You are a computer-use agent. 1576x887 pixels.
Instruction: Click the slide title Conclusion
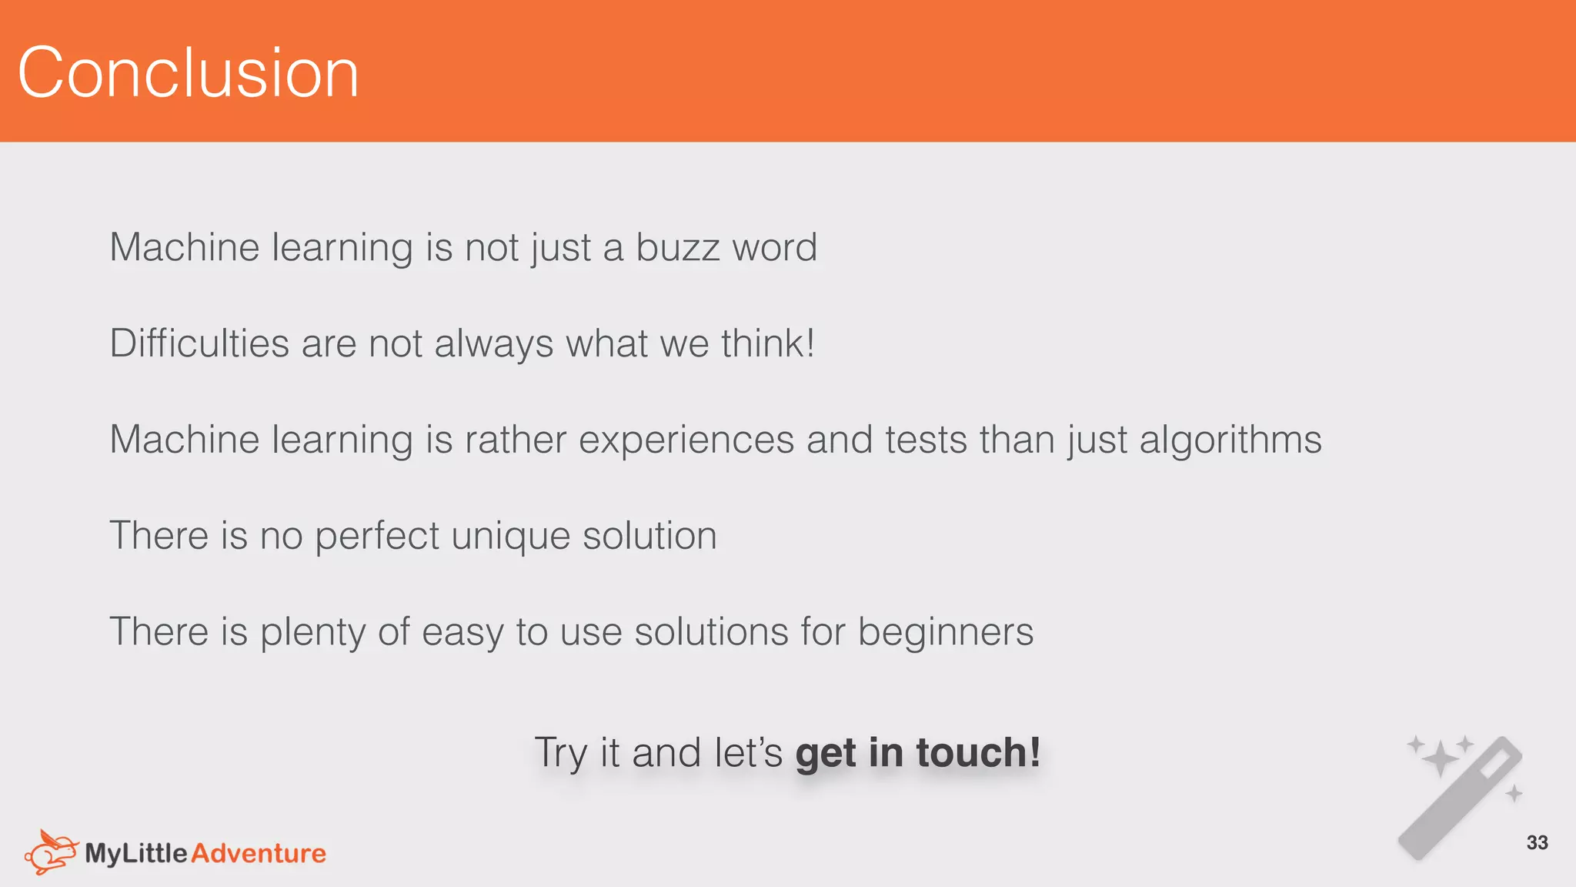click(188, 72)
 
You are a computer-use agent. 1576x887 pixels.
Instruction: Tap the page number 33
click(1537, 842)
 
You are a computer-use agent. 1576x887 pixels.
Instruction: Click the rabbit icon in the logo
click(51, 852)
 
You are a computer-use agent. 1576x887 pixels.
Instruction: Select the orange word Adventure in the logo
click(259, 853)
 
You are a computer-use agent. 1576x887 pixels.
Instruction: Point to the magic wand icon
click(1461, 797)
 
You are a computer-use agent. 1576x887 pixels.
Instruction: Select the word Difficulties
click(199, 343)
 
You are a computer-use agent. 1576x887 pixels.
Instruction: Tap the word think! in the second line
click(768, 343)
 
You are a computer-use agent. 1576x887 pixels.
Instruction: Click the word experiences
click(686, 440)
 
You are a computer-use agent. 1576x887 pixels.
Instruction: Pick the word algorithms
click(1230, 440)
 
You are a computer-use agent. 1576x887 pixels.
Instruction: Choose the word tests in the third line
click(926, 440)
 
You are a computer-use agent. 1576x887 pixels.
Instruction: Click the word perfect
click(377, 537)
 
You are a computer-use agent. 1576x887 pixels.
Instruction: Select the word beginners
click(945, 633)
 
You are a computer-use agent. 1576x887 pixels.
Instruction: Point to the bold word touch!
click(978, 752)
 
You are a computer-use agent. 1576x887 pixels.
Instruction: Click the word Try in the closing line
click(561, 754)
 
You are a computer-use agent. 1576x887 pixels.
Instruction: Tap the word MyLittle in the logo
click(136, 853)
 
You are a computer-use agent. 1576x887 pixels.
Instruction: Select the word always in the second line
click(493, 343)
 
